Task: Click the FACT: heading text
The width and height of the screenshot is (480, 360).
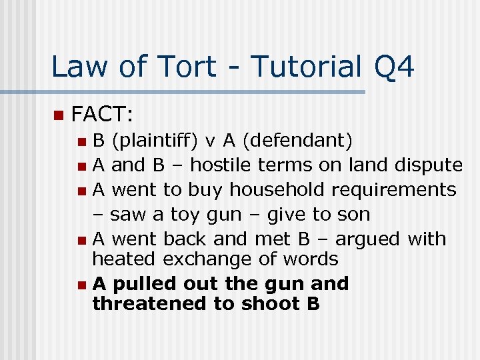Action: coord(103,115)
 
